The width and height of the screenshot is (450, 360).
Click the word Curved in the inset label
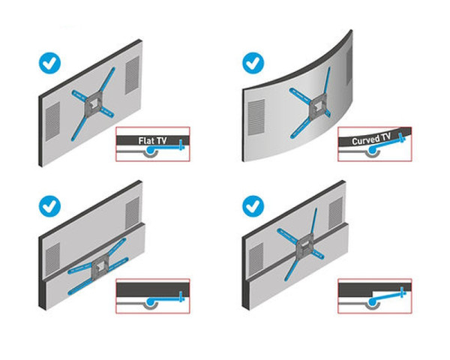pos(358,139)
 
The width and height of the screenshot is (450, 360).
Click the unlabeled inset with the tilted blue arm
pos(374,296)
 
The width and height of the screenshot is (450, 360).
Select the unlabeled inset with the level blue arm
pos(153,297)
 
